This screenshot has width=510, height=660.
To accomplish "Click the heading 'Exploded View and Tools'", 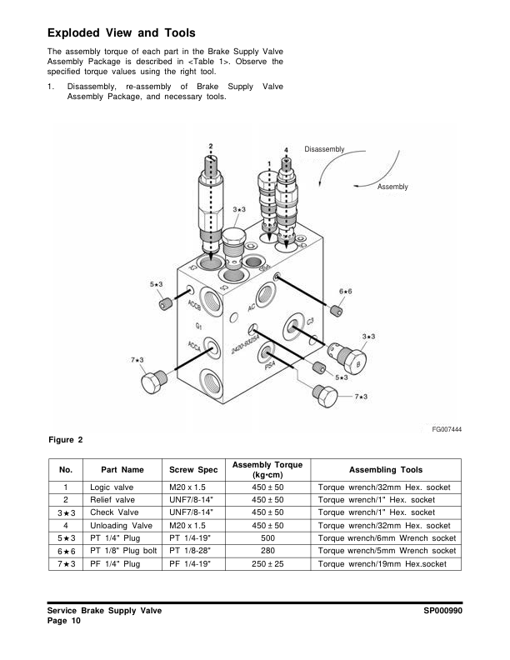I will (122, 33).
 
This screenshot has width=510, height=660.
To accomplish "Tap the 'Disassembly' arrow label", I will (322, 149).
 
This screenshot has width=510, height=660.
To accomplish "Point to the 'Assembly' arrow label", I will (392, 187).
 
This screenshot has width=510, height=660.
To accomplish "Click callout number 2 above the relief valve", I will (211, 147).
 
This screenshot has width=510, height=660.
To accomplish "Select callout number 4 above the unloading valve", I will (287, 150).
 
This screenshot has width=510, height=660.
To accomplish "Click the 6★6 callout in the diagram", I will (345, 291).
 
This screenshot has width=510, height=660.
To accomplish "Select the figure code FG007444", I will (447, 428).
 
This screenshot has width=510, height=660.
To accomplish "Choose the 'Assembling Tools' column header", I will (385, 469).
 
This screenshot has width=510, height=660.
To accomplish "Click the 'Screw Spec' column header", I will (192, 469).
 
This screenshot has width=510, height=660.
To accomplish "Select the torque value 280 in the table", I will (267, 552).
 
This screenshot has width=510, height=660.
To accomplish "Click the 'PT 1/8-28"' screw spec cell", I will (191, 552).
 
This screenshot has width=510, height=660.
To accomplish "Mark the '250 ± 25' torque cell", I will (267, 565).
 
